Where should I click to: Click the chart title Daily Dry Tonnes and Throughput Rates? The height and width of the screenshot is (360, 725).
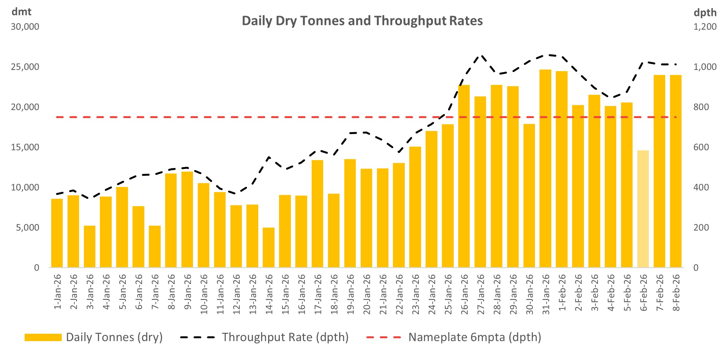pyautogui.click(x=362, y=21)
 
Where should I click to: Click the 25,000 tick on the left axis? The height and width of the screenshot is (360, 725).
pyautogui.click(x=25, y=67)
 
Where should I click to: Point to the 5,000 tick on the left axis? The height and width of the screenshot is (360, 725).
pyautogui.click(x=27, y=228)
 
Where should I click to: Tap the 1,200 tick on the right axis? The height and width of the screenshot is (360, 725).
pyautogui.click(x=705, y=27)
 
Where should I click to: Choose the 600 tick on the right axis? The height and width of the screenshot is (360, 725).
pyautogui.click(x=701, y=147)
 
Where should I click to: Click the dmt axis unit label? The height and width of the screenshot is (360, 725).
pyautogui.click(x=21, y=12)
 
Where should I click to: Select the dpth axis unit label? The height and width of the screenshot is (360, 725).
pyautogui.click(x=705, y=13)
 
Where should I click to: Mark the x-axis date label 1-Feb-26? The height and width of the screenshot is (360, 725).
pyautogui.click(x=562, y=292)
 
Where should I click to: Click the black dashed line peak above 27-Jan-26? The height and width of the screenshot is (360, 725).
pyautogui.click(x=481, y=56)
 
